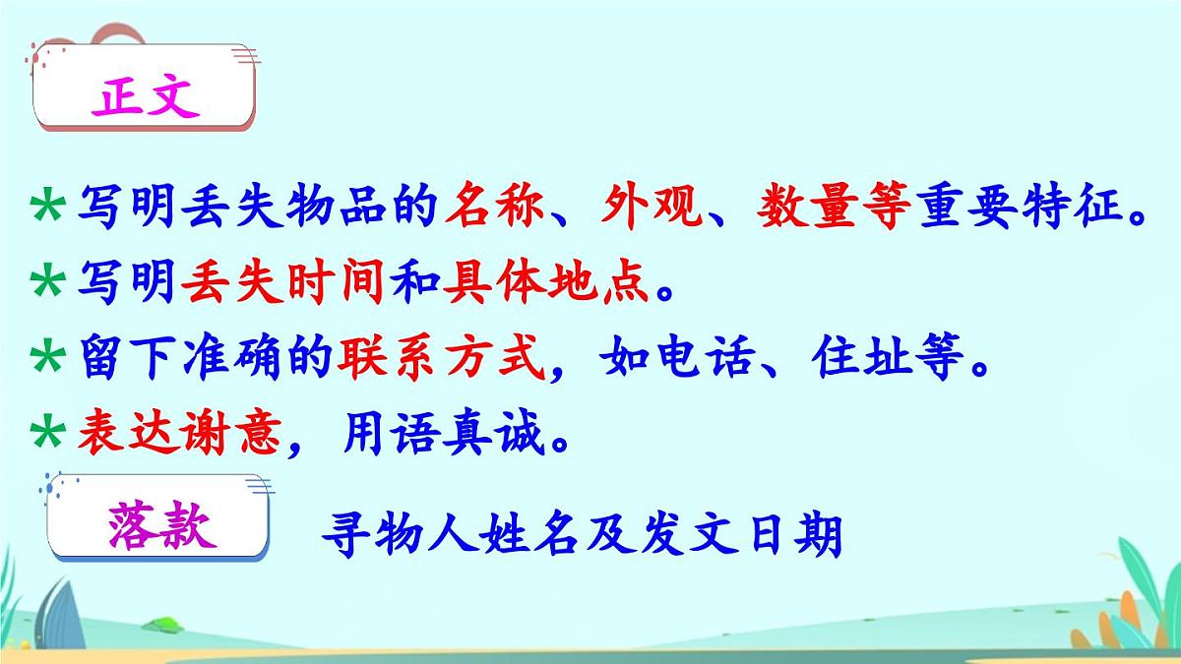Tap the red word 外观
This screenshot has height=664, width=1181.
(653, 208)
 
